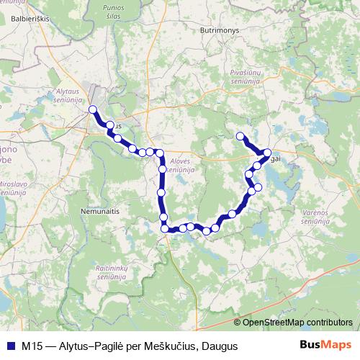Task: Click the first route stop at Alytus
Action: tap(92, 109)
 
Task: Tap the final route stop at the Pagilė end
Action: tap(240, 136)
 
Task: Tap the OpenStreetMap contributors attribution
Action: tap(294, 322)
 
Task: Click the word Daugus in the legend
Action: tap(219, 346)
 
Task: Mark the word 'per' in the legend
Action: tap(133, 346)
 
